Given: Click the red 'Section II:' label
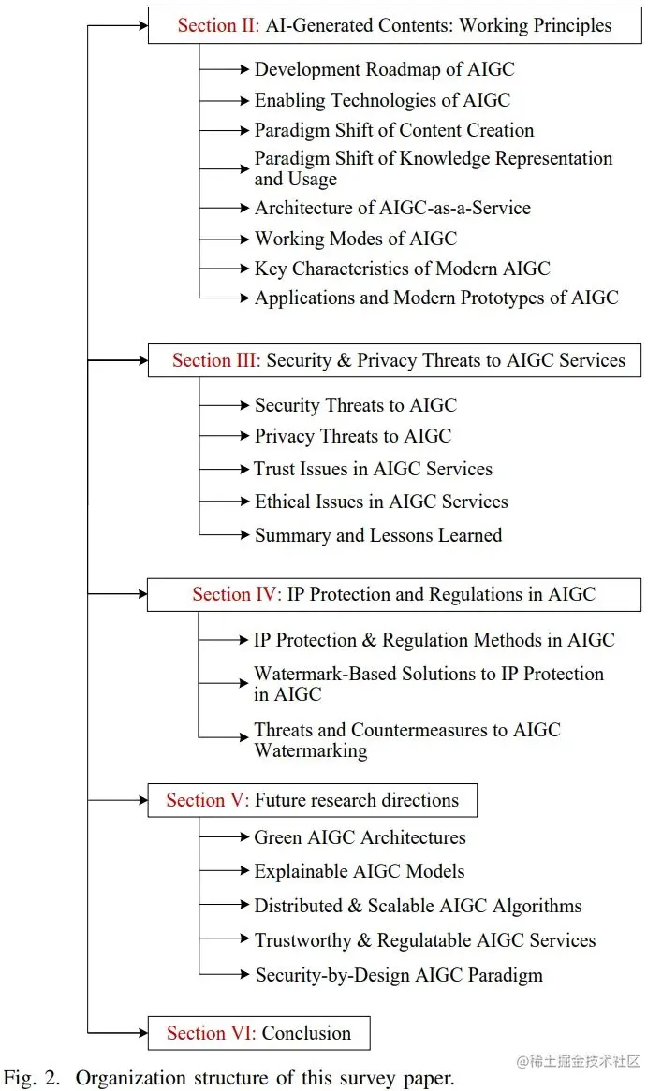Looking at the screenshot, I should click(x=219, y=25).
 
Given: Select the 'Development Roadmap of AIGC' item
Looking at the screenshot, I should click(x=384, y=69).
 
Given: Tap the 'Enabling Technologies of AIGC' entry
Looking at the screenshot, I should click(x=382, y=100).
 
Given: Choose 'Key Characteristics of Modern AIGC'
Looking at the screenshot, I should click(x=402, y=269).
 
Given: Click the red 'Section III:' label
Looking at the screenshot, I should click(x=216, y=360).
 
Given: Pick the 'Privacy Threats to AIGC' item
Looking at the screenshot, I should click(x=352, y=436).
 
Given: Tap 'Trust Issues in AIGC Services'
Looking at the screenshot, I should click(x=373, y=469).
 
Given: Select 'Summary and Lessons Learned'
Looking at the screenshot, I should click(x=378, y=535).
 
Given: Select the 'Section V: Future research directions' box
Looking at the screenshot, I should click(x=312, y=800).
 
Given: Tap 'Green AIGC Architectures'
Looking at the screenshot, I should click(x=360, y=837).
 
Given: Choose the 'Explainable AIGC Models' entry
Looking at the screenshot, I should click(x=359, y=871).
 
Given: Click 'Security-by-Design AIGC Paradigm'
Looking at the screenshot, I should click(x=399, y=975).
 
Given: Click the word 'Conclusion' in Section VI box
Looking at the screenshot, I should click(x=306, y=1033).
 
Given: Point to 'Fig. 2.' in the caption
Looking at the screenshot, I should click(x=31, y=1078).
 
